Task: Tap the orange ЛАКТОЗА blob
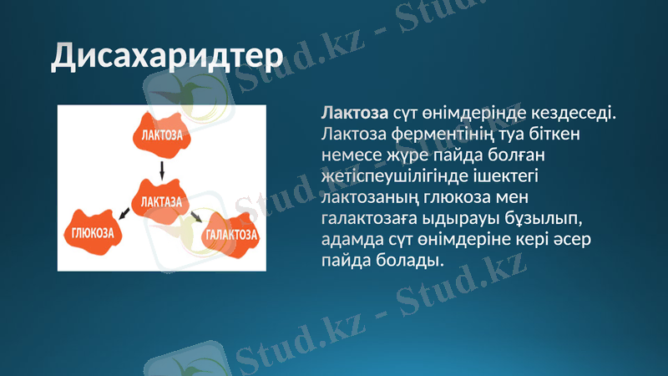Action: pos(162,134)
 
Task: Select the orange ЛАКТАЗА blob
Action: pos(161,201)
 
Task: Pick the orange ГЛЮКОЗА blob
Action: pos(92,233)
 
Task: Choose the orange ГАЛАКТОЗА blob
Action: pos(230,235)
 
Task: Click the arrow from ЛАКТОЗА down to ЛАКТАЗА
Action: pos(162,170)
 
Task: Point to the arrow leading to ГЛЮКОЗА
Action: pos(123,216)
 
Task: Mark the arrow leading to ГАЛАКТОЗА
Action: pos(196,217)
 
